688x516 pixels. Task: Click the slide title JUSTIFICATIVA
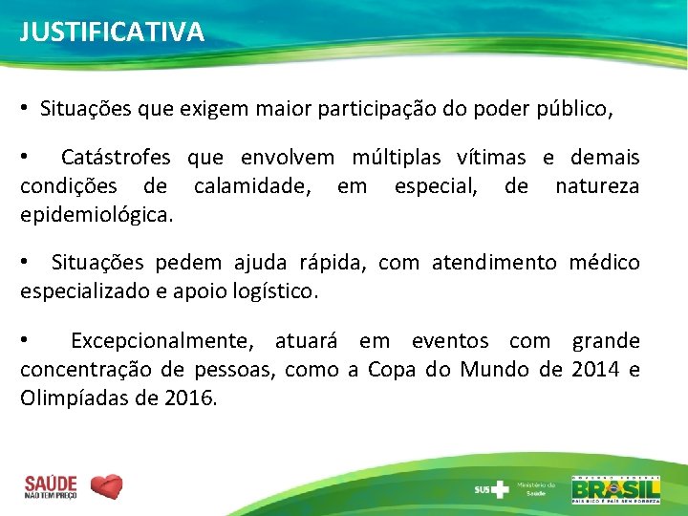pos(112,32)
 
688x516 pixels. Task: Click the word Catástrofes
pos(116,158)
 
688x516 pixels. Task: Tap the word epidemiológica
pos(97,215)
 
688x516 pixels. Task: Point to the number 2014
pos(596,370)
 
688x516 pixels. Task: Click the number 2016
pos(189,398)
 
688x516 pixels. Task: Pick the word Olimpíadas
pos(76,398)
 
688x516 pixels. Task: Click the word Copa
pos(392,370)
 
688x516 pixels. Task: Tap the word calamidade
pos(251,186)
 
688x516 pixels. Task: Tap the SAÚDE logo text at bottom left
pos(50,486)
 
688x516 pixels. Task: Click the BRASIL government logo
pos(615,488)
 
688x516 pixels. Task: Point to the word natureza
pos(597,186)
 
